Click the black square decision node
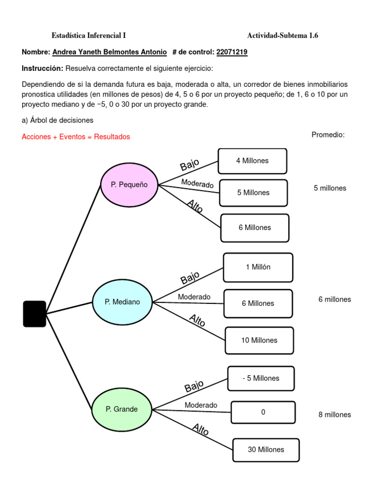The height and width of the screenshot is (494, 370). coord(35,314)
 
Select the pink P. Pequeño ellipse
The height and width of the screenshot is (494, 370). coord(129,185)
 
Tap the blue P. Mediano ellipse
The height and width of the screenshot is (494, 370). coord(122,302)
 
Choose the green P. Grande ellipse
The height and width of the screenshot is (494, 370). coord(122,409)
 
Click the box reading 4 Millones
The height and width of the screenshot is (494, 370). coord(252,161)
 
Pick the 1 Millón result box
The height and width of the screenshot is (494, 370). coord(258,267)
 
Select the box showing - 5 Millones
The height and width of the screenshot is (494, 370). coord(261,378)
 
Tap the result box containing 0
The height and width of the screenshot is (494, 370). coord(263,412)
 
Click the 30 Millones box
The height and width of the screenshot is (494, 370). coord(266,450)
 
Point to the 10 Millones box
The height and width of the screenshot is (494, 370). coord(259,340)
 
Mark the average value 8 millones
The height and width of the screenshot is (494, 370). coord(334,414)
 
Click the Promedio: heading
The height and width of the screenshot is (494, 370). coord(328,135)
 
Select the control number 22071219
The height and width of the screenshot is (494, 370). coord(232,52)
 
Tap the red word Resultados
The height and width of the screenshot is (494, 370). coord(112,137)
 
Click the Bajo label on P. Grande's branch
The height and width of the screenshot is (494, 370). coord(194,386)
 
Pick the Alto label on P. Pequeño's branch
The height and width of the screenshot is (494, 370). coord(195,206)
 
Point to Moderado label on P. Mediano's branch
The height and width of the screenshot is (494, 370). coord(194,297)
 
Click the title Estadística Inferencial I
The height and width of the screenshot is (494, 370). coord(89,35)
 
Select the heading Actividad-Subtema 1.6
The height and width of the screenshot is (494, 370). coord(282,35)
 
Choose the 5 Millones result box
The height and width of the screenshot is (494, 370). coord(253,193)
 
